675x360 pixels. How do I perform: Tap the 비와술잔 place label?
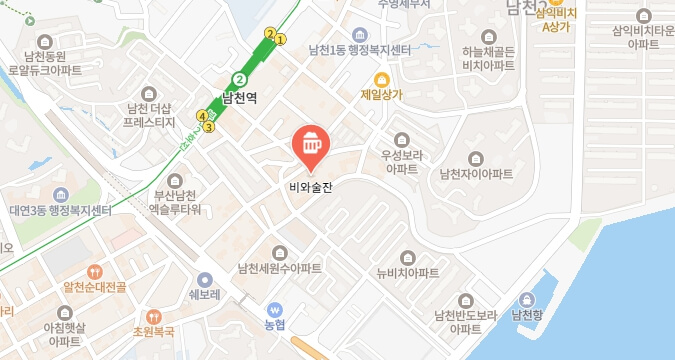308,184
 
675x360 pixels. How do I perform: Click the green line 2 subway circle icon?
239,79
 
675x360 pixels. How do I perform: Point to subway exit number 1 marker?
281,40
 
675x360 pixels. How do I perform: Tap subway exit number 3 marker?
209,127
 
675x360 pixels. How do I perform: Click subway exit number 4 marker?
202,116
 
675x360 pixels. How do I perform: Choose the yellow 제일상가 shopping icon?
381,80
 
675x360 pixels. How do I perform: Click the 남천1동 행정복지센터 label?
360,51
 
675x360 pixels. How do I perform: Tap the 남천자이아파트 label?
476,174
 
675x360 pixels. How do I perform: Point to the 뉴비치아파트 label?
407,273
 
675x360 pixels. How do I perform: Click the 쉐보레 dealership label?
204,296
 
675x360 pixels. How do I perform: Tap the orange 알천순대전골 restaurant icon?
94,270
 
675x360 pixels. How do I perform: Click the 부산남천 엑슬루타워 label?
175,202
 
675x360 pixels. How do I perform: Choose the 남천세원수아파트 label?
279,268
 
